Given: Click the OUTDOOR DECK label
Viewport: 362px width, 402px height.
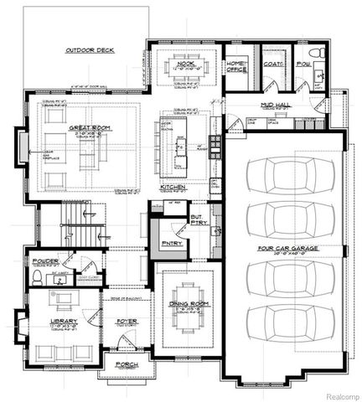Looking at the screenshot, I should point(90,51).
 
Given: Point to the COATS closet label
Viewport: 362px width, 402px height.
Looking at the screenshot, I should point(272,64).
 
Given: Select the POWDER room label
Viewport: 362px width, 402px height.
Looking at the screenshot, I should point(44,261).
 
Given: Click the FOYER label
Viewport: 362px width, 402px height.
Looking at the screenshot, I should point(126,320).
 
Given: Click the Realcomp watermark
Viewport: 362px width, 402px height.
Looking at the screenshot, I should point(338,394).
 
